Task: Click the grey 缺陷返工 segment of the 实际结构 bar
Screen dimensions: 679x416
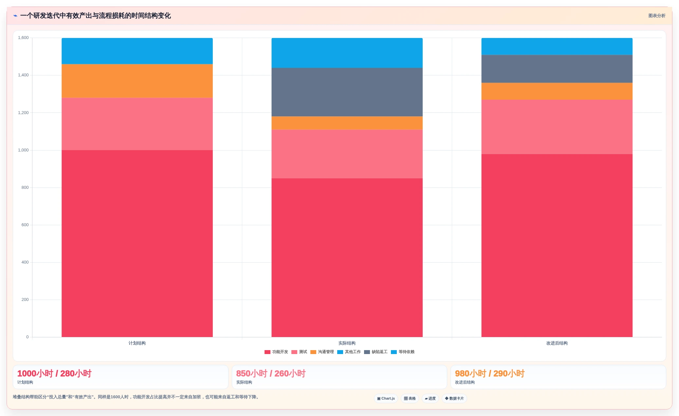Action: [347, 92]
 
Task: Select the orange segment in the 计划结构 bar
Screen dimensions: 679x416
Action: [137, 81]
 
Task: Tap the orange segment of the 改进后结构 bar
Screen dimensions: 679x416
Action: [557, 91]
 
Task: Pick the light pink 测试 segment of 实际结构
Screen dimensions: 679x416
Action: [347, 154]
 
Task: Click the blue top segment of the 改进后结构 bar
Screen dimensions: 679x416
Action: [557, 47]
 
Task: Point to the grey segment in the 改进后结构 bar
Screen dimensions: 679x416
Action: [557, 69]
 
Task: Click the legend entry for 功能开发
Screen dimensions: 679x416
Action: [276, 352]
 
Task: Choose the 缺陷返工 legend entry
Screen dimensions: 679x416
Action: [376, 352]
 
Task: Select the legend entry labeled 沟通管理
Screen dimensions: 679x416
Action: [322, 352]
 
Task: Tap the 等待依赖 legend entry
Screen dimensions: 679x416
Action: [403, 352]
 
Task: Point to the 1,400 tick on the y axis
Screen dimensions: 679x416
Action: [23, 75]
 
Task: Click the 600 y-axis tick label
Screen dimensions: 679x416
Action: [25, 225]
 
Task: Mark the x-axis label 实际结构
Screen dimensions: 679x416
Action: [347, 343]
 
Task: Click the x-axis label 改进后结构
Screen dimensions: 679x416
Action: [557, 343]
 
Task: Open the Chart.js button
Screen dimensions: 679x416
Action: [386, 399]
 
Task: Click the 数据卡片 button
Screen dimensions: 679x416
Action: [454, 399]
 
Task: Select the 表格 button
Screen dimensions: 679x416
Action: [410, 399]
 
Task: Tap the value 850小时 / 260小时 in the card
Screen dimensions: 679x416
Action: [271, 374]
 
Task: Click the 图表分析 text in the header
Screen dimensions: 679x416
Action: [657, 16]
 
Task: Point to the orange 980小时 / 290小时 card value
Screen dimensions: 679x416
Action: [490, 374]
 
